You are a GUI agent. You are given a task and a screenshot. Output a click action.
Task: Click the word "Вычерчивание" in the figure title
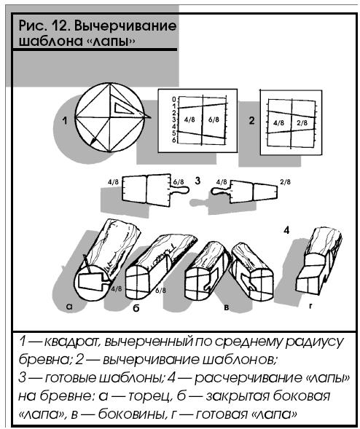125,26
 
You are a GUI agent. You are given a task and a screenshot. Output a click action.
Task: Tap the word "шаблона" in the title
47,42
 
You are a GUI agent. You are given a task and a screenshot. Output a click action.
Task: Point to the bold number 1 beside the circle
65,120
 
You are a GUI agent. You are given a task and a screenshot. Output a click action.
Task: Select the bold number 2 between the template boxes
251,120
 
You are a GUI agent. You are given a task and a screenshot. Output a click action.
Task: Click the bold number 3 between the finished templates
197,181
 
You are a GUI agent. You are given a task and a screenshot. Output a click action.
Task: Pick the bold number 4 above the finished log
286,230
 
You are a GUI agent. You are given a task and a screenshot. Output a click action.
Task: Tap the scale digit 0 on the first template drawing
174,99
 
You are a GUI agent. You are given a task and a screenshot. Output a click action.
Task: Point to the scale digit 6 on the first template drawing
174,140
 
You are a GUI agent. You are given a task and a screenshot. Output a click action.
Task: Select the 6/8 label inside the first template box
214,119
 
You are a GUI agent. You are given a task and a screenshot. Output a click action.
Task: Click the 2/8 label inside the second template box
302,123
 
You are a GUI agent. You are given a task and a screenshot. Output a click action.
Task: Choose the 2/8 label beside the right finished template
285,181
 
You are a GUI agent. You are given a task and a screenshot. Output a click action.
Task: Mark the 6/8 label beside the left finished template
179,182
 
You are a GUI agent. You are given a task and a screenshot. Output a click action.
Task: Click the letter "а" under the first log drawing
69,307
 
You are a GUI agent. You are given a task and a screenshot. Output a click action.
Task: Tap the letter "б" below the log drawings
136,308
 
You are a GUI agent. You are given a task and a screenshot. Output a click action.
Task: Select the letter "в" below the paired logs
227,307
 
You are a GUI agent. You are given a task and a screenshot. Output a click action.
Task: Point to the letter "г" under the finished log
310,306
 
